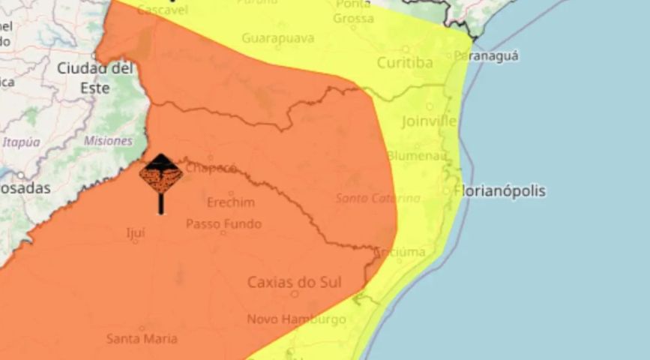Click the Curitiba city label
click(404, 63)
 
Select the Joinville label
click(429, 121)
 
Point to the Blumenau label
click(417, 156)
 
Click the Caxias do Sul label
click(294, 282)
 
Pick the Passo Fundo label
click(223, 223)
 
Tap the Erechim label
click(230, 202)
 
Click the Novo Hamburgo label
click(296, 319)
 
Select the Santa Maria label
click(142, 338)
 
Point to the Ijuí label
click(135, 232)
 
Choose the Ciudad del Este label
click(95, 78)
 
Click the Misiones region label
click(108, 140)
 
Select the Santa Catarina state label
click(377, 198)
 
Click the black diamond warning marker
click(160, 175)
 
